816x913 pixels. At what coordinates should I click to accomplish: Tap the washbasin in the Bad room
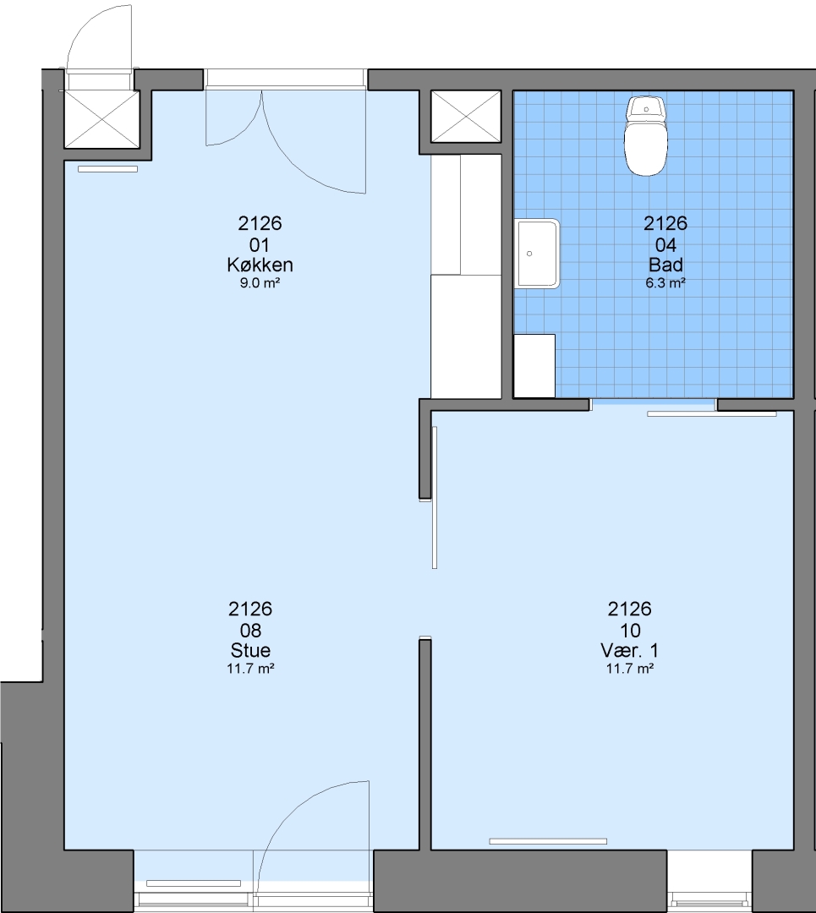(536, 254)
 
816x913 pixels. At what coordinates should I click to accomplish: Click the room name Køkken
(260, 265)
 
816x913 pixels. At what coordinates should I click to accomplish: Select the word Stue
(250, 650)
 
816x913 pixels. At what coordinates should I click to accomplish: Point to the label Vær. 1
(630, 650)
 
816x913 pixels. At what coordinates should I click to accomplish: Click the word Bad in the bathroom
(665, 265)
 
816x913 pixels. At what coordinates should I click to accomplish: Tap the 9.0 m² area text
(260, 283)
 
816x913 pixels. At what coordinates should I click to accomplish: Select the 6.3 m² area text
(665, 283)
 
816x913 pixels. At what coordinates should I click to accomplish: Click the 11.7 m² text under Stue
(250, 669)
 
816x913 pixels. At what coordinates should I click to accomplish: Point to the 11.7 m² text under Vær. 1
(630, 669)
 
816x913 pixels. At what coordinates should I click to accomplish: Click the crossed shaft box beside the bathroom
(466, 117)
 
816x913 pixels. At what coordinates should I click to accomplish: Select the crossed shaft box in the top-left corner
(101, 119)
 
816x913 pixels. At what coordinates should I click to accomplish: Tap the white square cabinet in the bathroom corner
(534, 366)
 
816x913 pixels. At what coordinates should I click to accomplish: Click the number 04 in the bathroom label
(665, 244)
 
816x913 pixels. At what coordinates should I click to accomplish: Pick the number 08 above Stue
(250, 630)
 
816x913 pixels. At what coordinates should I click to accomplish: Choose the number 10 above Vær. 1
(630, 630)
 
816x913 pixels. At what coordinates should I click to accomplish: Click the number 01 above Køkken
(260, 244)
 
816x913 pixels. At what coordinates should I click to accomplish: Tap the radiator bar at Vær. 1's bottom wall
(548, 841)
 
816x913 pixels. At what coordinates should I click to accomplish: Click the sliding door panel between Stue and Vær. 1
(435, 497)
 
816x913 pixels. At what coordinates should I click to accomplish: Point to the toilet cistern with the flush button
(645, 107)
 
